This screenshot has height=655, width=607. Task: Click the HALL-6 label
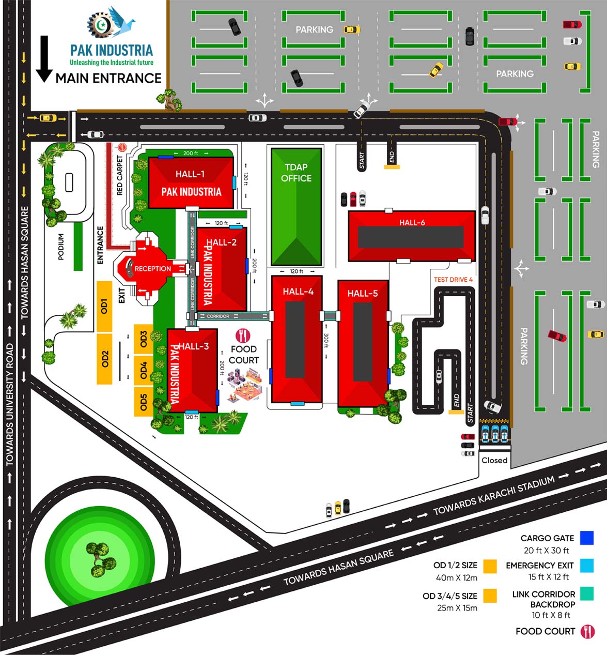412,223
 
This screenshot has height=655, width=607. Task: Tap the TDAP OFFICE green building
296,206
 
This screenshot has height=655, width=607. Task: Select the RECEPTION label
153,269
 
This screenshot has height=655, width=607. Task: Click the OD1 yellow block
104,307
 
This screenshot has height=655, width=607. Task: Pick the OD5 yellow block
144,402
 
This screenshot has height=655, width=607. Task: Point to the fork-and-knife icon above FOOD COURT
243,336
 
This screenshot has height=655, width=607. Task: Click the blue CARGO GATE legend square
587,538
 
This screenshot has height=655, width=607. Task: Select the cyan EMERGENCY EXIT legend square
587,566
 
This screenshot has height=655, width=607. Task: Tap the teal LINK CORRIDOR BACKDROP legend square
587,593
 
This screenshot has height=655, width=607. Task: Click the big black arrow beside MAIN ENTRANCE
44,59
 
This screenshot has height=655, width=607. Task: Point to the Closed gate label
494,460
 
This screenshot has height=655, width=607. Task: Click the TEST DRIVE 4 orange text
453,280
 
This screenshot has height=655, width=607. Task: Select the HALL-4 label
298,292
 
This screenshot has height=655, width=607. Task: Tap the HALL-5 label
363,294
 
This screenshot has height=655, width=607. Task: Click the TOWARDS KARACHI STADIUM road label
494,496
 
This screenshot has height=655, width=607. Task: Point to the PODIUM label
61,247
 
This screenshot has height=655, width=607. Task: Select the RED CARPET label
120,175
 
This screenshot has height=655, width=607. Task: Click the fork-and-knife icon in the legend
587,632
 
